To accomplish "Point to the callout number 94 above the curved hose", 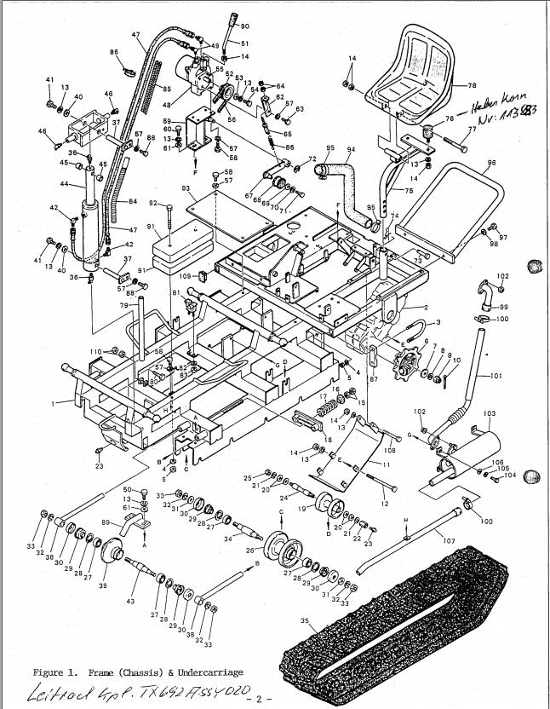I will [350, 148].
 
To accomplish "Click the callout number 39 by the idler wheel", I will [103, 586].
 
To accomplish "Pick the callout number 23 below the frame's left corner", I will [100, 465].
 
